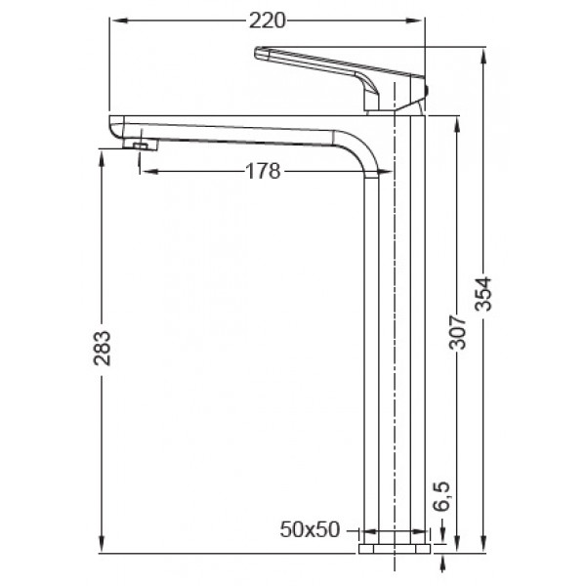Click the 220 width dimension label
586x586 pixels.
coord(265,19)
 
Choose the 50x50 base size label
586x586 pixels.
coord(310,530)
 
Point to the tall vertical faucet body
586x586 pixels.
coord(396,342)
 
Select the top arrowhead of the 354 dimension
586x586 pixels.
coord(485,52)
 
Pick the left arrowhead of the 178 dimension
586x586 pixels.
coord(146,172)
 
